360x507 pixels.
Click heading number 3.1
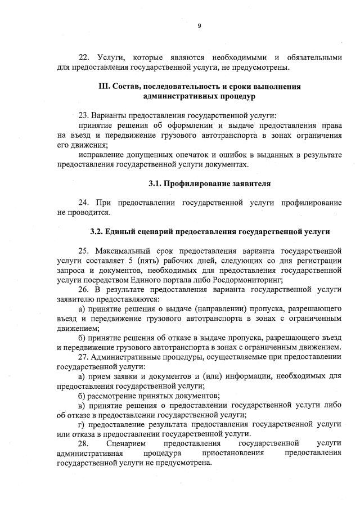pyautogui.click(x=155, y=183)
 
